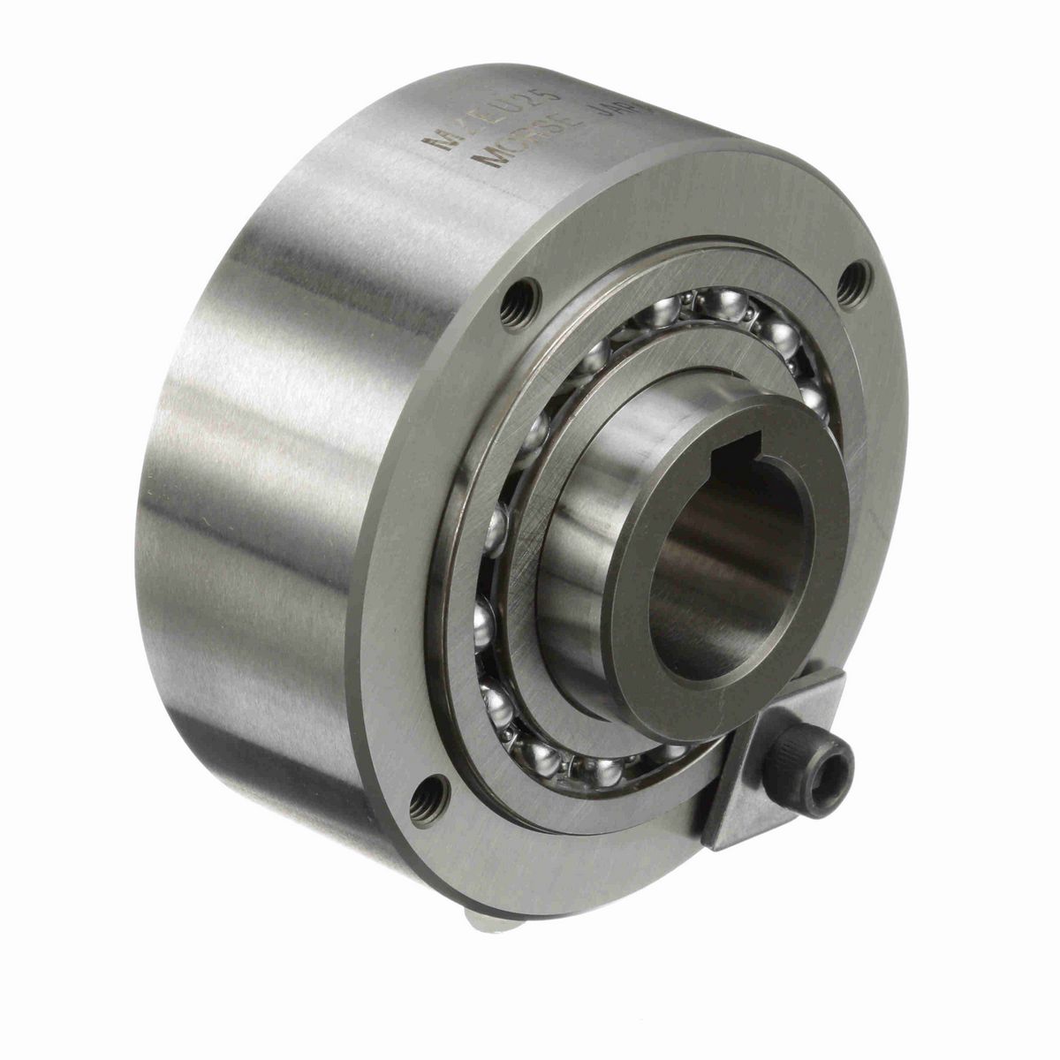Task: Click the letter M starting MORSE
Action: coord(488,163)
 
